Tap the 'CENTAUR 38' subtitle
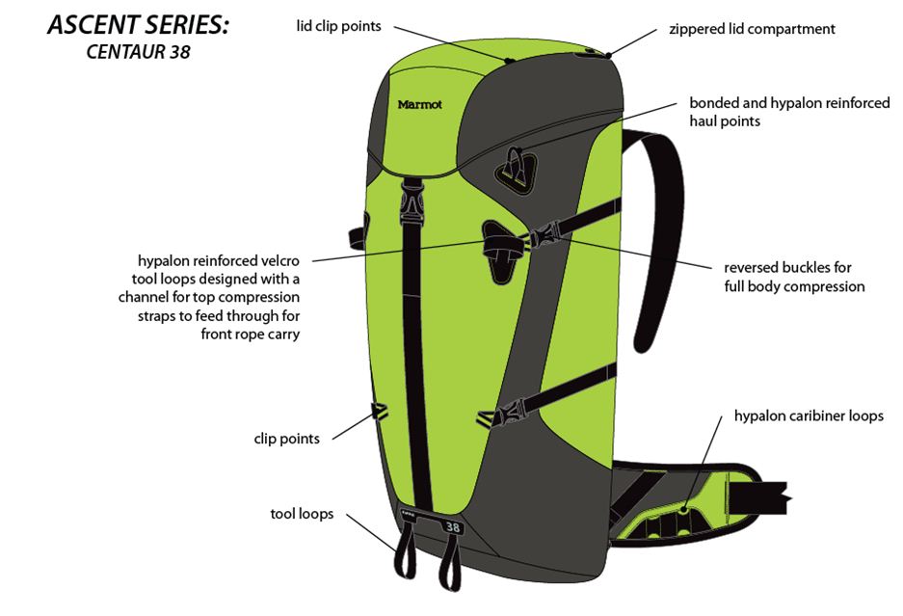pyautogui.click(x=138, y=52)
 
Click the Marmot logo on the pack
pyautogui.click(x=419, y=104)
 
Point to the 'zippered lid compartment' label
pyautogui.click(x=752, y=29)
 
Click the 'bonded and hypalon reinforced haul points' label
pyautogui.click(x=789, y=112)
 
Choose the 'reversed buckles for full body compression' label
pyautogui.click(x=794, y=277)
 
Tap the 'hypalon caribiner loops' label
pyautogui.click(x=809, y=416)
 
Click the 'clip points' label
pyautogui.click(x=286, y=439)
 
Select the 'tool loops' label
pyautogui.click(x=302, y=514)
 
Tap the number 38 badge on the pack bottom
pyautogui.click(x=453, y=527)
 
